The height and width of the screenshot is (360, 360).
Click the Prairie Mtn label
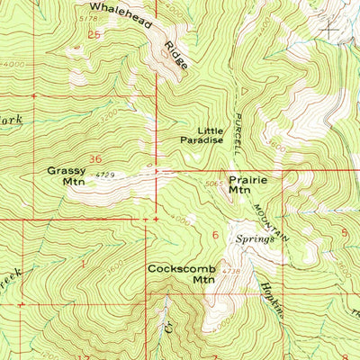[x=238, y=184]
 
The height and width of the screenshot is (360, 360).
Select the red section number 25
[x=94, y=34]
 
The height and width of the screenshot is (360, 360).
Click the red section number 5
[x=345, y=231]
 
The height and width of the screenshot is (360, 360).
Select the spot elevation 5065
[x=213, y=184]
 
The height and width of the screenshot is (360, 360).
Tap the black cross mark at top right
[x=331, y=29]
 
